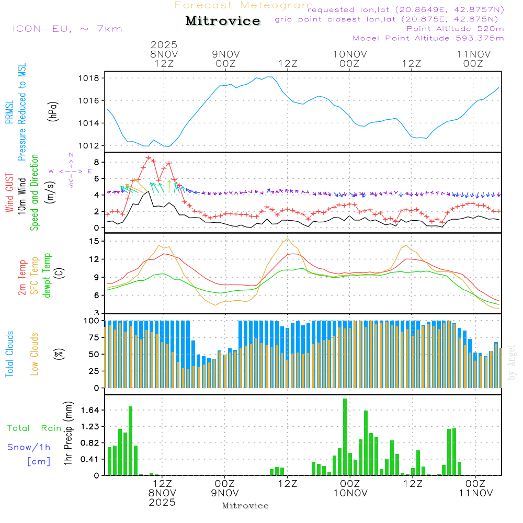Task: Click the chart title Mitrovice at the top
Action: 223,21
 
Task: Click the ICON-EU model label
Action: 67,29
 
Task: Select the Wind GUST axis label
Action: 9,194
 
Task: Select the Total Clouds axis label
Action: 9,354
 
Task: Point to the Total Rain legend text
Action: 35,428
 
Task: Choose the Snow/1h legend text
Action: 29,447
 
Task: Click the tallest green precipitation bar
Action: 345,437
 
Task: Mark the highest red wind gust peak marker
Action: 149,158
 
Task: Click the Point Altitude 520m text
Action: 455,28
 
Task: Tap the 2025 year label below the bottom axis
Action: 162,502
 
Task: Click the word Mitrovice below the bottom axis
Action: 245,506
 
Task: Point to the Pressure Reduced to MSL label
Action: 22,112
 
